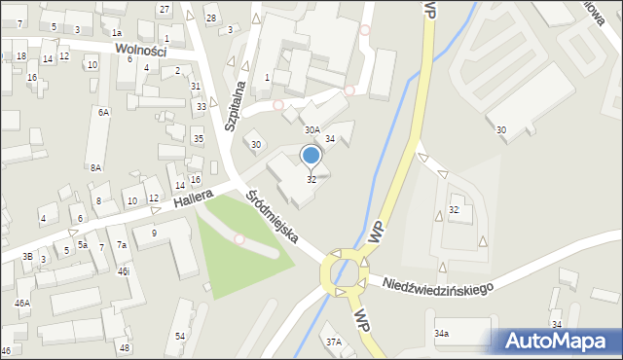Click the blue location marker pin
311,155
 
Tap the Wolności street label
140,50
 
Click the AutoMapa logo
556,341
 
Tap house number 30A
311,129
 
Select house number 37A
334,342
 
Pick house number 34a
442,334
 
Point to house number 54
180,336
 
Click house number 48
125,347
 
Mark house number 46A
21,304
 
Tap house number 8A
96,167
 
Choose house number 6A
103,112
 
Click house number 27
165,9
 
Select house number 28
210,18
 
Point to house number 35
198,139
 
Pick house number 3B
28,256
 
